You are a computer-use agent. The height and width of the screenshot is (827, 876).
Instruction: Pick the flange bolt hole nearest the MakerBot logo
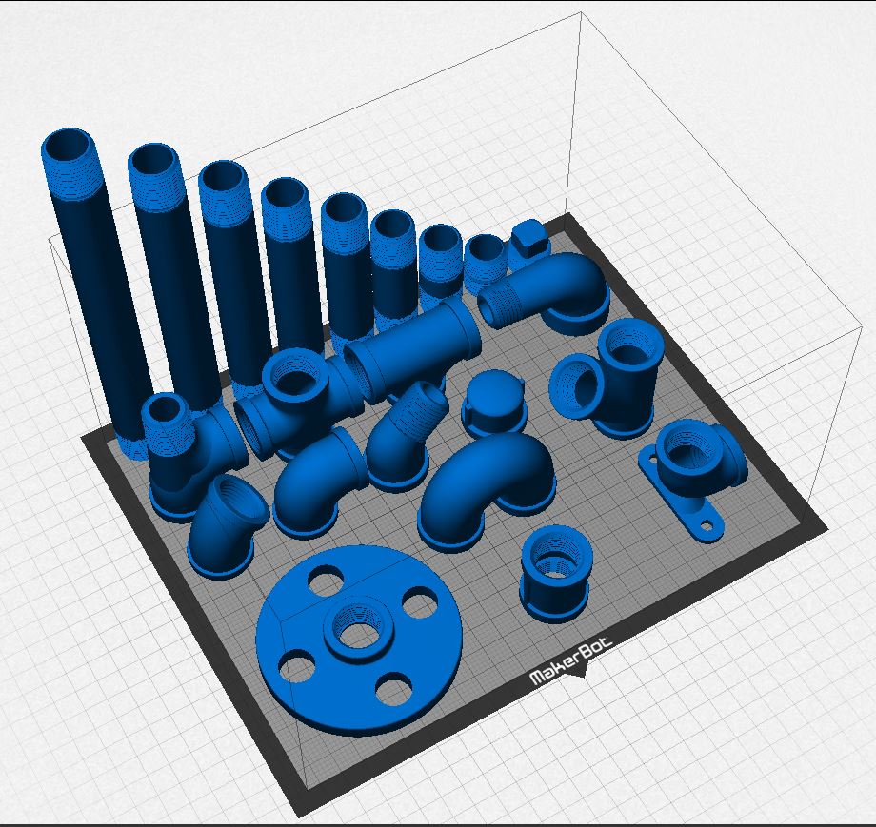tap(395, 686)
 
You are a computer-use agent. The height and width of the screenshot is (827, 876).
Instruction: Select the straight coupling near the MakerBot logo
tap(553, 574)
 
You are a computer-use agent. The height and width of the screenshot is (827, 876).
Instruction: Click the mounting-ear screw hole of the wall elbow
tap(707, 525)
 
